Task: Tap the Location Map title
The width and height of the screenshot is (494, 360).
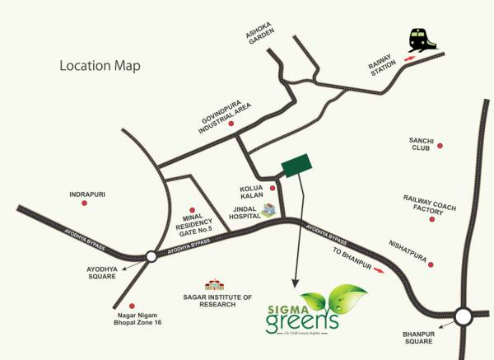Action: click(100, 65)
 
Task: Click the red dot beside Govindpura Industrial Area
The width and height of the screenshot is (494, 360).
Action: click(231, 124)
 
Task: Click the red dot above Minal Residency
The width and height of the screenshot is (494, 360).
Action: click(192, 208)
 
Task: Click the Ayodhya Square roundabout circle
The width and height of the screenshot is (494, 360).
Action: click(151, 257)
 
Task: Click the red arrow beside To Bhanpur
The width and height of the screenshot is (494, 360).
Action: click(379, 268)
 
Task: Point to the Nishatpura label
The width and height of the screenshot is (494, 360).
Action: click(408, 245)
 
